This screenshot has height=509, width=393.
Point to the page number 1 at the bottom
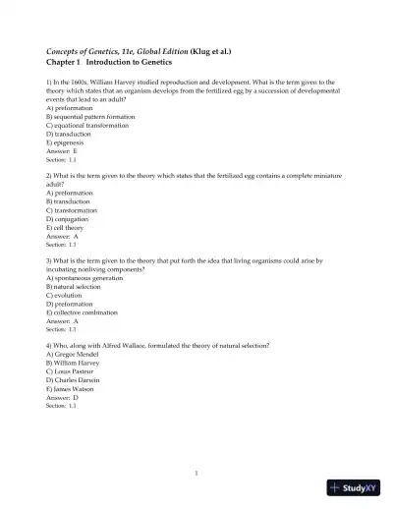196,472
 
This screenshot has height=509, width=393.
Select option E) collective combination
89,312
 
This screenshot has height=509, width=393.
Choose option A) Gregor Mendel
75,356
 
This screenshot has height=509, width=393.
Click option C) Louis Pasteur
73,372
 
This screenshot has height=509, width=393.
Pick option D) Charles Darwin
76,380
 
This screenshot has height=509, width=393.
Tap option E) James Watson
73,389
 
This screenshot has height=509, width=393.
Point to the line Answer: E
62,150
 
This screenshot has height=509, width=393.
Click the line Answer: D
62,397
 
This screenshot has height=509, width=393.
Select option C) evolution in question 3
67,295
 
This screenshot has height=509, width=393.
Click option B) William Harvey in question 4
76,364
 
